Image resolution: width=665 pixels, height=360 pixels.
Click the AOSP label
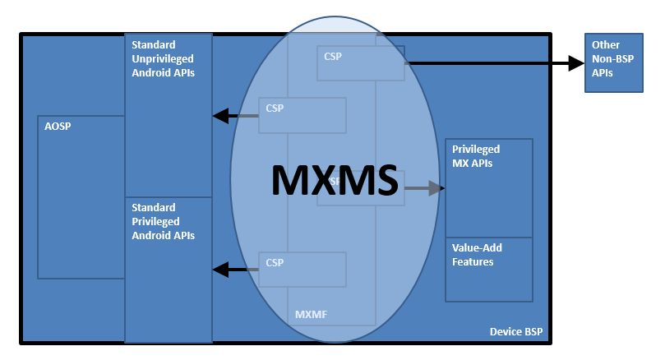click(57, 127)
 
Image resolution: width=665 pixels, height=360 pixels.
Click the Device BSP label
click(515, 333)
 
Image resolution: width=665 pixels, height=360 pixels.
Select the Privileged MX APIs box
click(488, 189)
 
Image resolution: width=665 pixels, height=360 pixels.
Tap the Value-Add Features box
click(488, 270)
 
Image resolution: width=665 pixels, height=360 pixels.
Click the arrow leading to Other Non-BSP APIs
click(493, 62)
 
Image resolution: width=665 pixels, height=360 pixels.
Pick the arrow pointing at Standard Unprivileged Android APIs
click(235, 116)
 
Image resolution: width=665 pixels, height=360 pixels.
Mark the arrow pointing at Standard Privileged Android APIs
click(235, 268)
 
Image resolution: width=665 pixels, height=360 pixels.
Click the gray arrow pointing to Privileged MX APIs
click(424, 188)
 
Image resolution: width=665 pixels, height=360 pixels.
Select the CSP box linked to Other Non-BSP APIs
click(360, 63)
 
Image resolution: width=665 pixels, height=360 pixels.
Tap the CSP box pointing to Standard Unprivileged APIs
click(302, 115)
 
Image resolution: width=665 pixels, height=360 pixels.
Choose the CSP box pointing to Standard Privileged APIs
click(302, 269)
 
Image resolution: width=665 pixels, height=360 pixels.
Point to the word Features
click(473, 262)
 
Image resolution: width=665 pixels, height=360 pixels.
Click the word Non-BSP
click(612, 58)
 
